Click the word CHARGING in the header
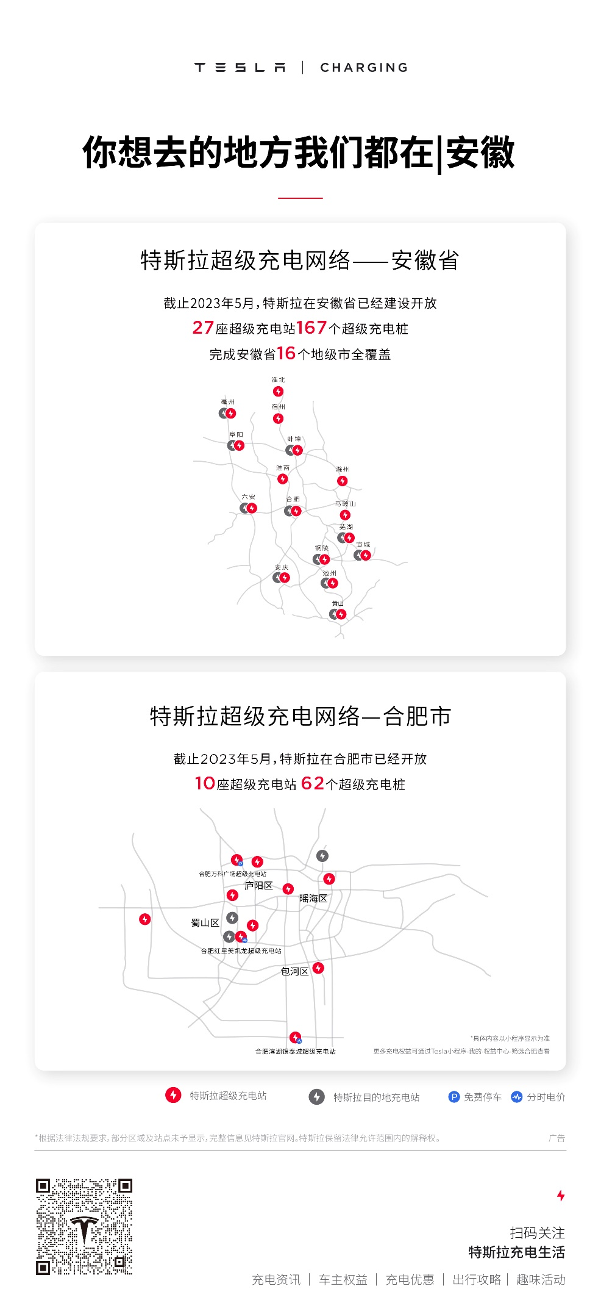pos(364,68)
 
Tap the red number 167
pos(311,328)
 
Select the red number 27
pos(203,328)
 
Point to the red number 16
pos(286,353)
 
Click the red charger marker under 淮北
pos(278,392)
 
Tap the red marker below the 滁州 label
pos(343,481)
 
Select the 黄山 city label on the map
pos(338,603)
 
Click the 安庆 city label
pos(282,567)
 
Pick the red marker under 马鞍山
pos(345,515)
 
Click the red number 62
pos(312,783)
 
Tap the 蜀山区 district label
pos(205,923)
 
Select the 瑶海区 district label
pos(313,899)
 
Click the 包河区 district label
pos(294,971)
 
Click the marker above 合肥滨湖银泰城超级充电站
pos(295,1036)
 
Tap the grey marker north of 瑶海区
pos(322,856)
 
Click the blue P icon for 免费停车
pos(453,1097)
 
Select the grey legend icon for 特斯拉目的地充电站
pos(316,1097)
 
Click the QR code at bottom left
pos(84,1226)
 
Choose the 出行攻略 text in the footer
pos(477,1279)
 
